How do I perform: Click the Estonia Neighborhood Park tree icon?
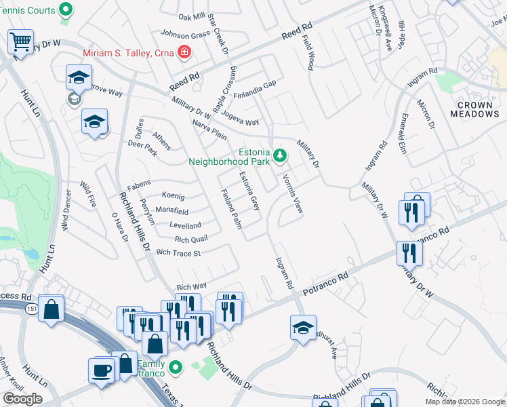[x=280, y=157]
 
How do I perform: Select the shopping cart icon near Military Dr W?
[x=20, y=41]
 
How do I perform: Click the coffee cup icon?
[x=102, y=370]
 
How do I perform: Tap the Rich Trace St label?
[x=179, y=253]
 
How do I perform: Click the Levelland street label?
[x=185, y=225]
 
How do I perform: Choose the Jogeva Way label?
[x=241, y=122]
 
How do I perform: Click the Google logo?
[x=23, y=398]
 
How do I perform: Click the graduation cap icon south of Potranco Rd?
[x=303, y=327]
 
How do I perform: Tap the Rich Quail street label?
[x=191, y=239]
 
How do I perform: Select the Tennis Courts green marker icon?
[x=66, y=9]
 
